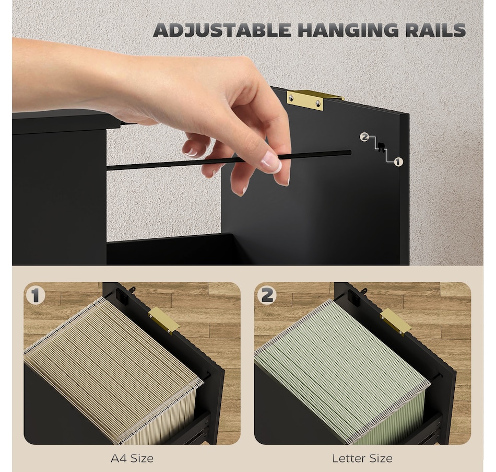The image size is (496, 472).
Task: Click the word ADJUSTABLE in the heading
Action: (222, 30)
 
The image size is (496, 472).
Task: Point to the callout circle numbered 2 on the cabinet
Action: (364, 137)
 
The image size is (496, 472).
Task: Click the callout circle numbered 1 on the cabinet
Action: (398, 162)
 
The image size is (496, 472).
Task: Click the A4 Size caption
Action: (132, 458)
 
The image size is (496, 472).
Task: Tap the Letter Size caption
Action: (362, 458)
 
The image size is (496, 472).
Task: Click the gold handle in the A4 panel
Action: (163, 320)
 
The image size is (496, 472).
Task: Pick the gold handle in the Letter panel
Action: (395, 320)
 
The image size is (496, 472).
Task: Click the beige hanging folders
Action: (110, 366)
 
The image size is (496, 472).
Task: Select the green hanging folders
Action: (339, 366)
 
